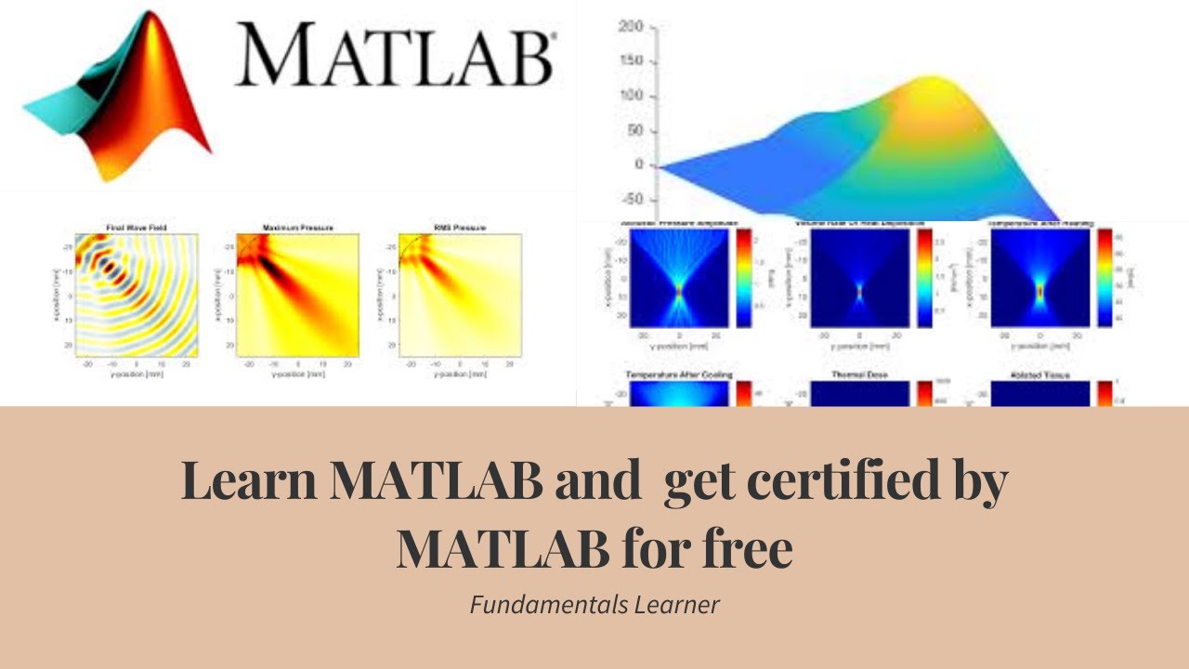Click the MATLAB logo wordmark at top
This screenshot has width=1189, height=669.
pyautogui.click(x=395, y=53)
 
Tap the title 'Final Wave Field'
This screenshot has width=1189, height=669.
pyautogui.click(x=137, y=228)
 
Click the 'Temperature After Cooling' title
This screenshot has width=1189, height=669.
pyautogui.click(x=679, y=375)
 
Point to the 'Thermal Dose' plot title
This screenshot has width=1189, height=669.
pyautogui.click(x=859, y=375)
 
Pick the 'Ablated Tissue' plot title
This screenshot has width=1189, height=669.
pyautogui.click(x=1039, y=375)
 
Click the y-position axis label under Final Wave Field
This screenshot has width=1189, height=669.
pyautogui.click(x=137, y=375)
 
